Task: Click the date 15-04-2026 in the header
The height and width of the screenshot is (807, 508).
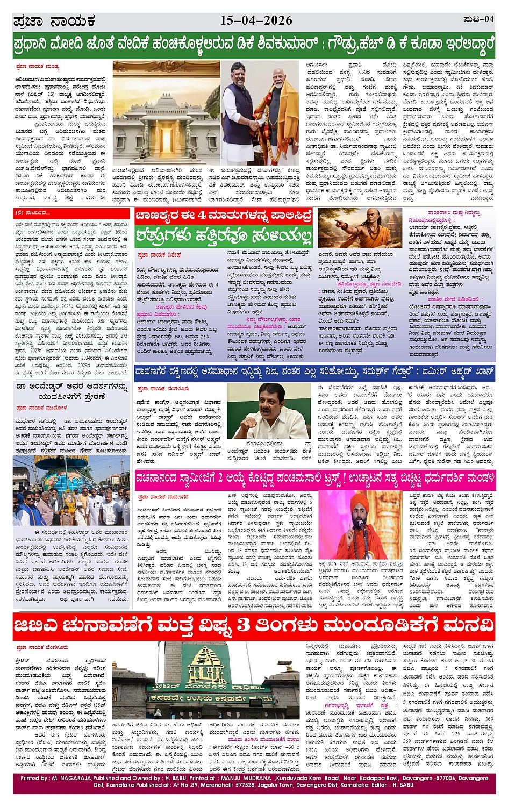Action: click(x=256, y=20)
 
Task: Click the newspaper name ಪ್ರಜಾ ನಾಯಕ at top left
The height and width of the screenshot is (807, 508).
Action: click(x=54, y=22)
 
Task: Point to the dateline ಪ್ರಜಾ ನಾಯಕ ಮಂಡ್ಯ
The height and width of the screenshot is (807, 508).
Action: click(x=38, y=67)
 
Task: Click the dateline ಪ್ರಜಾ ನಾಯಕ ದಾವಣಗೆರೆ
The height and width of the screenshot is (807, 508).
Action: click(x=162, y=497)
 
